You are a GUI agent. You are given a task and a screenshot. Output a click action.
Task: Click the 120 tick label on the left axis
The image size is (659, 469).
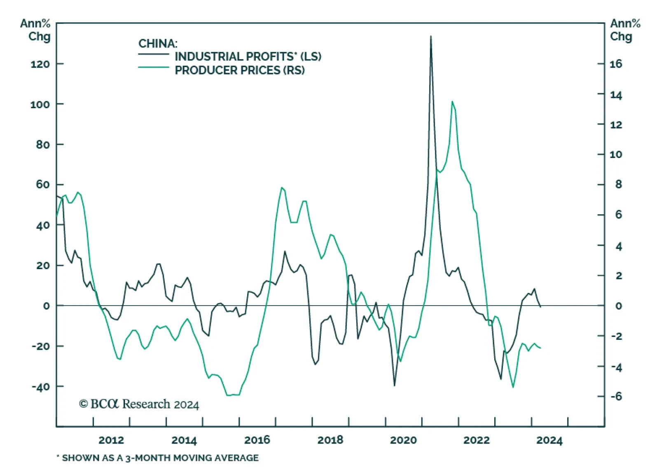tap(40, 64)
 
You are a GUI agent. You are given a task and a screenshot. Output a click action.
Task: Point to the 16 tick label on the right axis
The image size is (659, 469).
tap(616, 64)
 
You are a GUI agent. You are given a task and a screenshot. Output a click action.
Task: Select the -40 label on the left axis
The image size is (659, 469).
tap(40, 387)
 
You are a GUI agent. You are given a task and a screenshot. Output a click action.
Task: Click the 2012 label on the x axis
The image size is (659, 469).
tap(111, 440)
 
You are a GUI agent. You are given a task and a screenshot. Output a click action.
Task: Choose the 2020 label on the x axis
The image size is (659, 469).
tap(403, 440)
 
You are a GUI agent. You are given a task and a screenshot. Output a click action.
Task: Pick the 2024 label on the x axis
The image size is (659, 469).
tap(549, 440)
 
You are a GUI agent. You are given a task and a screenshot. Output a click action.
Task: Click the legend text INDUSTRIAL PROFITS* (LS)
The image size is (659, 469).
tap(248, 56)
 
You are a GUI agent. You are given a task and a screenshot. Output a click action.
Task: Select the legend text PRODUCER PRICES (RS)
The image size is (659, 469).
tap(240, 70)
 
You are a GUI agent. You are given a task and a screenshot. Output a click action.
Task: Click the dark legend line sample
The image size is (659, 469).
tap(154, 54)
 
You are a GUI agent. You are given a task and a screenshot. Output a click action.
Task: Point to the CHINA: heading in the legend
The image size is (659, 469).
tap(158, 43)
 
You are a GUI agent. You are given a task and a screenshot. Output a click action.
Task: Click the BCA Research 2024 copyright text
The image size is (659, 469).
tap(139, 404)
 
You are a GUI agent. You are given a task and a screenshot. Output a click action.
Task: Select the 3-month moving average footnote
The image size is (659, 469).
tap(158, 458)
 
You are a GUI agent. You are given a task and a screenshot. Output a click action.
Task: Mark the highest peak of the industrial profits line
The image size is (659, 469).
tap(431, 36)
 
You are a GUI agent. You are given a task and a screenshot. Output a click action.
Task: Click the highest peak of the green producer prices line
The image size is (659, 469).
tap(452, 101)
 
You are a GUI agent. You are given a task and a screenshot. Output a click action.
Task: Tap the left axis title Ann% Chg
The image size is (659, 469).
tap(36, 30)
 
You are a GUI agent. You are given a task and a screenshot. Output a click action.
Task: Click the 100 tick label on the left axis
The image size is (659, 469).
tap(40, 104)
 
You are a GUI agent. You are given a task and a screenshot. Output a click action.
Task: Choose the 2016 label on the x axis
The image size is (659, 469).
tap(257, 440)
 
